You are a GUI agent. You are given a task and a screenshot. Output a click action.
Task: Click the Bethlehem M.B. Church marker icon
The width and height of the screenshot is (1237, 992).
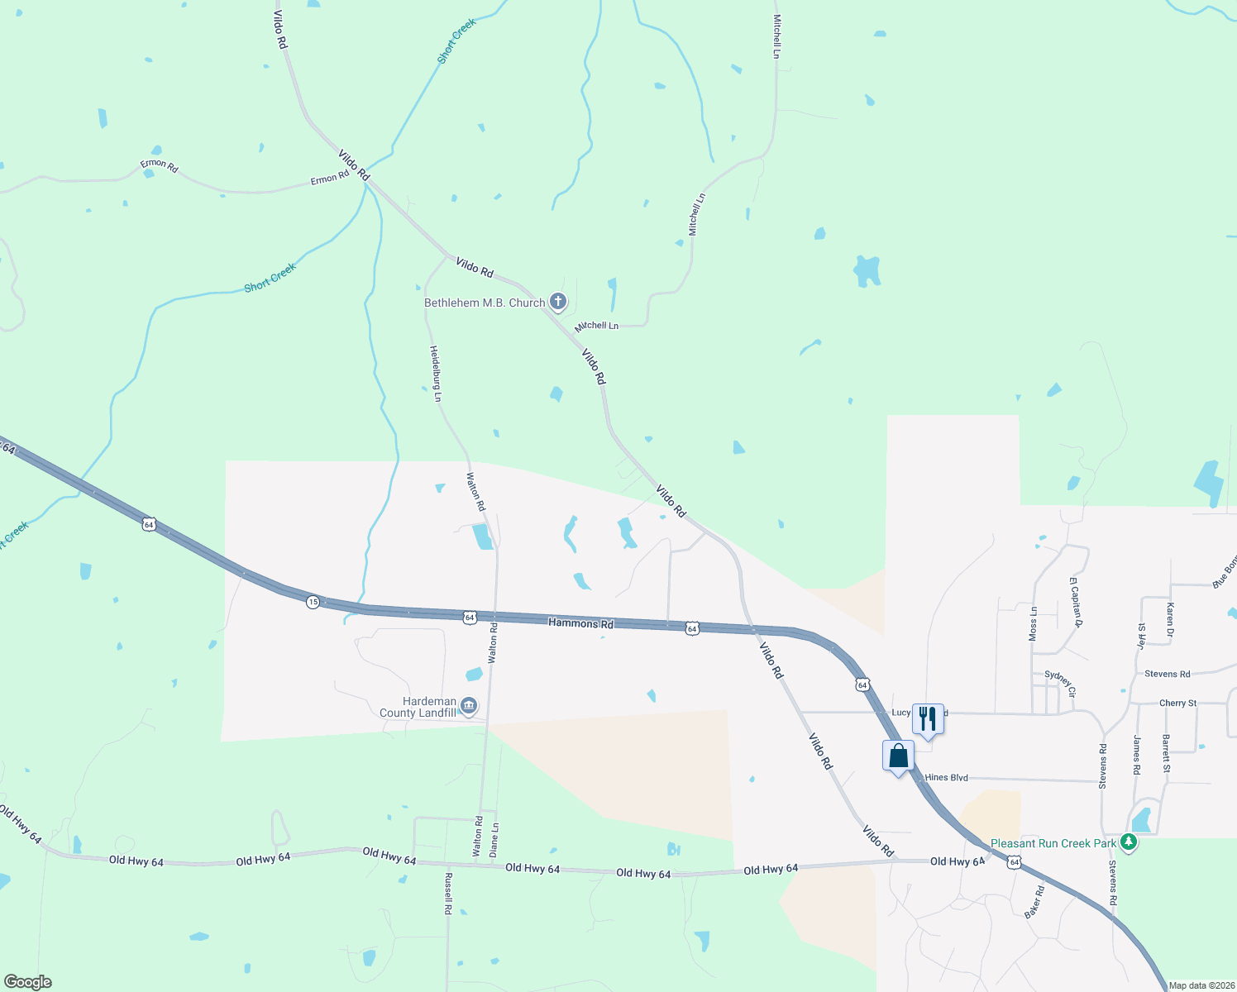pos(558,302)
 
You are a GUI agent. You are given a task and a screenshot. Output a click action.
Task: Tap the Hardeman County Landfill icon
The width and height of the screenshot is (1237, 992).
pos(469,706)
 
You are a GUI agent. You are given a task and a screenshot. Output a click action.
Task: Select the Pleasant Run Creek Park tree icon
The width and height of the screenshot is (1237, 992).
pos(1129,842)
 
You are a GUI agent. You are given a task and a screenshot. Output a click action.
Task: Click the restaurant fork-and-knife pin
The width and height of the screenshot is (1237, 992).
pos(928,718)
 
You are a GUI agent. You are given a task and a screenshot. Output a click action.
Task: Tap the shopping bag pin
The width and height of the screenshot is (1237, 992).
pos(898,756)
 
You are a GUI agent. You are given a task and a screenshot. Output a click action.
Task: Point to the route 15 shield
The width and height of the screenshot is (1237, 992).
pos(313,602)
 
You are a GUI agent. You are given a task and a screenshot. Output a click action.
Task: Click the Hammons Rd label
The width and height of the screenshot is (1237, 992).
pos(580,622)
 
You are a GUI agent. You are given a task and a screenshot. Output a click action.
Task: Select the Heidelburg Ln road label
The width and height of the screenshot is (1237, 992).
pos(435,374)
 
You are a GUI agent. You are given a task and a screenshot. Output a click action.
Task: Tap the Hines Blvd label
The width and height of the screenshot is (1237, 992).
pos(946,778)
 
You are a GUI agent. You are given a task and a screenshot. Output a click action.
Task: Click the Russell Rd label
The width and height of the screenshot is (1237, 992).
pos(448,893)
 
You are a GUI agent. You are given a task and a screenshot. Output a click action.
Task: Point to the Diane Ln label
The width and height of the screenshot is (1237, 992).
pos(494,838)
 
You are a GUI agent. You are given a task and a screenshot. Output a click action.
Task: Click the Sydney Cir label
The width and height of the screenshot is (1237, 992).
pos(1060,683)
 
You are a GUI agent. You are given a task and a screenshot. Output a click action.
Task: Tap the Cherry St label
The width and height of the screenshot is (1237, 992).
pos(1177,703)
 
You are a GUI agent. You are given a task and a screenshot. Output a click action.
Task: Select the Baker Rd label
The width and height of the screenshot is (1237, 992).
pos(1034,902)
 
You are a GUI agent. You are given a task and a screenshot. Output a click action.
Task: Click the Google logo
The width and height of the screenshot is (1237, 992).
pos(28,982)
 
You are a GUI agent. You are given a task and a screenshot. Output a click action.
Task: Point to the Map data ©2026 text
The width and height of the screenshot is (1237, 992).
pos(1201,985)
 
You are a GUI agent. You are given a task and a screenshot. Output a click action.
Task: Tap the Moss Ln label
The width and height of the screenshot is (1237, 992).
pos(1033,623)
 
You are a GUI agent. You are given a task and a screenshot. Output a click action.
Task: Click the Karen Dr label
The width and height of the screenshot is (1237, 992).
pos(1170,619)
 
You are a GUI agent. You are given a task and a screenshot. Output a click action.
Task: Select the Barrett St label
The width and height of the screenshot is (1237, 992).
pos(1166,753)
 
